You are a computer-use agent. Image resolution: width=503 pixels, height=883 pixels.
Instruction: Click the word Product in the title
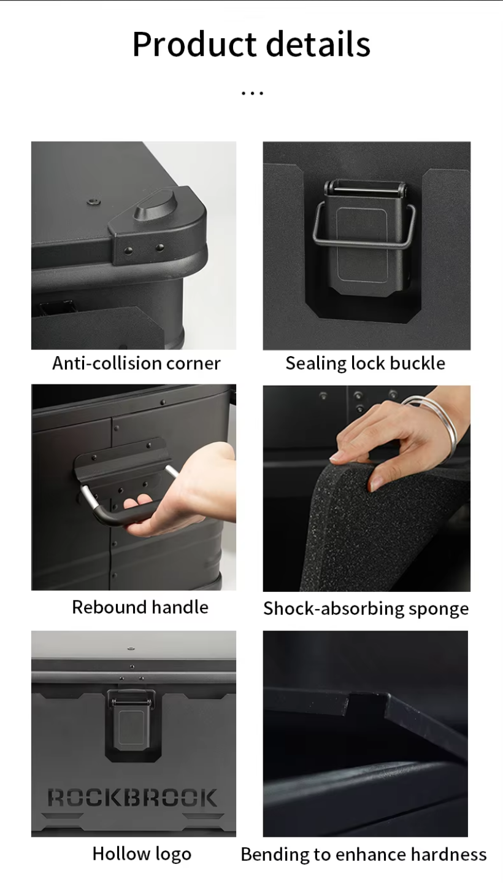194,44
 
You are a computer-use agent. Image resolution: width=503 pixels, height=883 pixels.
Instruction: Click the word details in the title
318,44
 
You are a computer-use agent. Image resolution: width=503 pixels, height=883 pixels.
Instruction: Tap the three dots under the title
252,93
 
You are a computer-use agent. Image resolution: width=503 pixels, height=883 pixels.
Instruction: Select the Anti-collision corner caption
136,363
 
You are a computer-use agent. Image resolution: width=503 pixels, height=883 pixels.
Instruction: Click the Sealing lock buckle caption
366,363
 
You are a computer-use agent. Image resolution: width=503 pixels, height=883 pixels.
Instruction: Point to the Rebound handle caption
140,607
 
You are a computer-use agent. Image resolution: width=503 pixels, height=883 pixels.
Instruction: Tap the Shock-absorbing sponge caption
366,609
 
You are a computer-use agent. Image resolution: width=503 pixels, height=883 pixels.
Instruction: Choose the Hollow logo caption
142,854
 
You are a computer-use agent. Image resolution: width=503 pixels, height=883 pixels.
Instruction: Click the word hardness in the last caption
448,855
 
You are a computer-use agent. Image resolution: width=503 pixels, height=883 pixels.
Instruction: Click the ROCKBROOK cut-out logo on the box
132,798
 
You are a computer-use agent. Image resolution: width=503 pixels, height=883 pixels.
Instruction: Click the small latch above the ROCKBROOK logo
131,722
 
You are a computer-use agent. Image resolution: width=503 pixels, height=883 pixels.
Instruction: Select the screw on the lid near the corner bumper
93,202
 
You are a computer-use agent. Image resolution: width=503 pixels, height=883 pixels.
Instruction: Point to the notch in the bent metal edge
367,703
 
